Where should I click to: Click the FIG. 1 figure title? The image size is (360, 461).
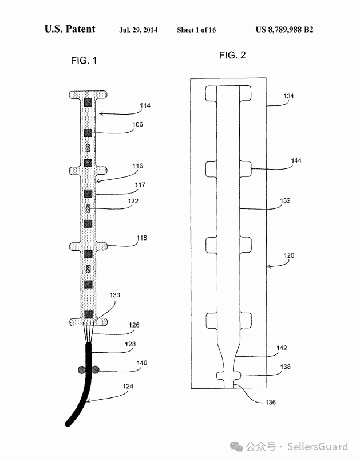click(84, 61)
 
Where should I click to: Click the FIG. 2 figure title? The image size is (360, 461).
click(232, 55)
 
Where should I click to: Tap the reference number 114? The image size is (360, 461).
click(145, 105)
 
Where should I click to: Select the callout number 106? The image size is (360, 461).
click(137, 124)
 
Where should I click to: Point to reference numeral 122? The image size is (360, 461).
click(133, 201)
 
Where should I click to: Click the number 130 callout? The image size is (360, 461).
click(114, 295)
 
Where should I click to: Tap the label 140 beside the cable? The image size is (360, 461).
click(141, 363)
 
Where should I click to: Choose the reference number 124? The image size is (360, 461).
click(128, 386)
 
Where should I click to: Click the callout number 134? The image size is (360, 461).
click(288, 96)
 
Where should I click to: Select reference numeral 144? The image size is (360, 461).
click(296, 160)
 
